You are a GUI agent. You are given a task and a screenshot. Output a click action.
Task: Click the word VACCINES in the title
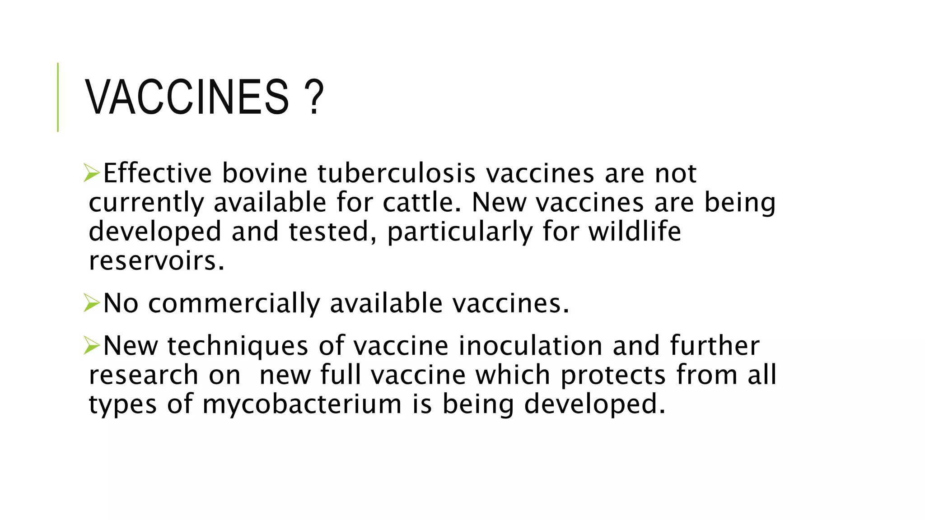point(187,97)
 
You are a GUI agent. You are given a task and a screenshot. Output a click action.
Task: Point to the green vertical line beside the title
point(58,97)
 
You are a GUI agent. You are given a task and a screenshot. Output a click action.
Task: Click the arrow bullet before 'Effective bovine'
point(92,173)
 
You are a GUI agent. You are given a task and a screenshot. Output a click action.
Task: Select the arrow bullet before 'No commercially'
point(92,303)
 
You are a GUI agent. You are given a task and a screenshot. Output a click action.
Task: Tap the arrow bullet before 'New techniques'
point(92,346)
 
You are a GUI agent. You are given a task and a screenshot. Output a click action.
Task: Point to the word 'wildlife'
point(635,232)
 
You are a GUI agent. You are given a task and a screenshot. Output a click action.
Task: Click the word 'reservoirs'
point(156,261)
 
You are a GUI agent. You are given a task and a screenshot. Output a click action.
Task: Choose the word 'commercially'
point(234,303)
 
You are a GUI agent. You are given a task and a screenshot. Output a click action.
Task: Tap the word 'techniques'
point(238,346)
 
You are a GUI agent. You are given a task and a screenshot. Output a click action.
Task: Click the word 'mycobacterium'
point(302,404)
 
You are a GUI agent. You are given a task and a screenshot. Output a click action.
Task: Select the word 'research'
point(143,375)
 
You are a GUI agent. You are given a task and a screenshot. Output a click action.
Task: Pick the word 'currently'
point(146,203)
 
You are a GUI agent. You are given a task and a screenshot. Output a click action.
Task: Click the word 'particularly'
point(460,232)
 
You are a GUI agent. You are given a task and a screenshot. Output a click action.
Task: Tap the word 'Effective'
point(157,173)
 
